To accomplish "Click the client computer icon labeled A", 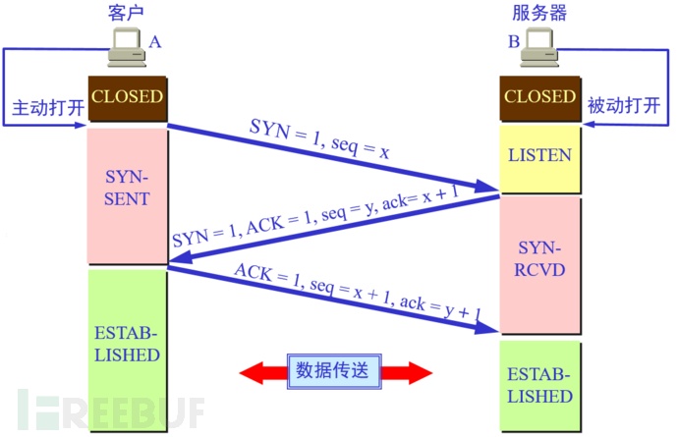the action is (x=126, y=47).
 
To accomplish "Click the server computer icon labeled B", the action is (x=538, y=47).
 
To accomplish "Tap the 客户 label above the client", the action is (x=126, y=12).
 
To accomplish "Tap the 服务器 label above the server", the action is (x=539, y=12).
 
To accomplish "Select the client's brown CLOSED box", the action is (x=128, y=98).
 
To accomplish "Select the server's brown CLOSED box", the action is (x=540, y=98).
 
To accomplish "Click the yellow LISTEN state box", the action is (x=540, y=159).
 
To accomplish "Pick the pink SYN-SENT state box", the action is (x=128, y=195).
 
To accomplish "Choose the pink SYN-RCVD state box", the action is (x=540, y=264).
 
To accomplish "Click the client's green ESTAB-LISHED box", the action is (x=128, y=351).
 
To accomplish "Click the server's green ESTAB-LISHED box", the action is (x=540, y=386).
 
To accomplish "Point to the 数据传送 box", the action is (x=334, y=371).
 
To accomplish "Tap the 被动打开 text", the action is (x=624, y=105).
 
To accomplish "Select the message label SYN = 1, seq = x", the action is (x=319, y=138).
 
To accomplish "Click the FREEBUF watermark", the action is (x=111, y=410).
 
